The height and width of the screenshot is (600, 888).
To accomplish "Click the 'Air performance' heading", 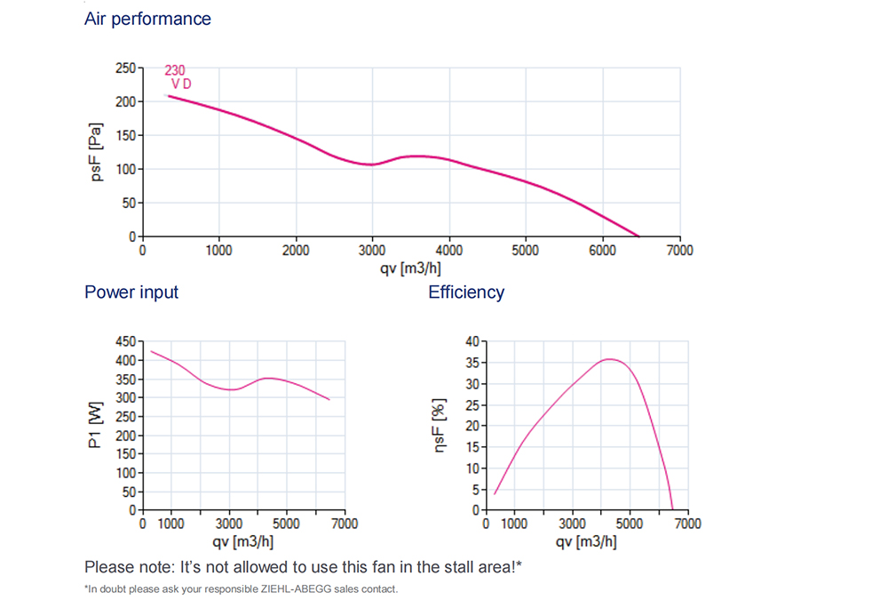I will [x=147, y=19].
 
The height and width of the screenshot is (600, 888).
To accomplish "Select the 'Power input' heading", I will [x=131, y=292].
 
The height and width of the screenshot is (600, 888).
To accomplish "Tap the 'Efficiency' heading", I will [x=466, y=292].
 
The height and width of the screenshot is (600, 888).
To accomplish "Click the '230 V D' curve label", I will [x=178, y=77].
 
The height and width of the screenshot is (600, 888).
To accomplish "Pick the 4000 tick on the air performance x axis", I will [x=449, y=251].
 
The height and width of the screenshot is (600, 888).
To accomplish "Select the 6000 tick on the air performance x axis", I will [x=603, y=251].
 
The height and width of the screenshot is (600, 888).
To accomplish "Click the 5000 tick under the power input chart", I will [x=286, y=524].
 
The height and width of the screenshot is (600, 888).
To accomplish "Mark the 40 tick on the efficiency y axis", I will [x=472, y=341].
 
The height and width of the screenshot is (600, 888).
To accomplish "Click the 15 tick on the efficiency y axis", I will [x=472, y=447].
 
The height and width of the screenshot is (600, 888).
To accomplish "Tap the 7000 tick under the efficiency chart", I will [x=687, y=524].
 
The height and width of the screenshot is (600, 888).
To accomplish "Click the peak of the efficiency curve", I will [x=609, y=359].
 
